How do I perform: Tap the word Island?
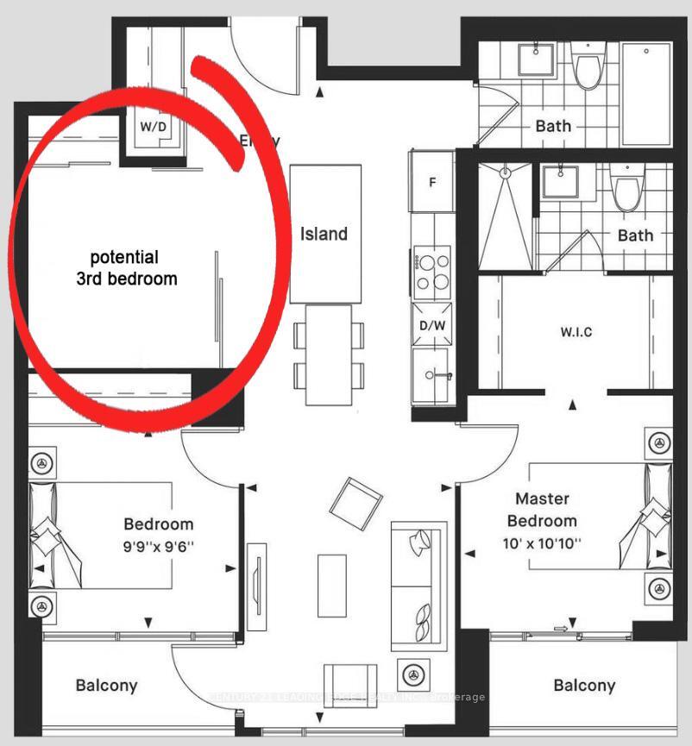[x=324, y=234]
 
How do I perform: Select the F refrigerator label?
[x=434, y=182]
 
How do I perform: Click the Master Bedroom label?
[x=542, y=509]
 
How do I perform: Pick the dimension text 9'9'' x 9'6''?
[x=158, y=545]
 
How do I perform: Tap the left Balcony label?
[x=106, y=686]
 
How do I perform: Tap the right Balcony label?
[x=584, y=686]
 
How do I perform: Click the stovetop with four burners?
[x=432, y=270]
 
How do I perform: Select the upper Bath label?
[x=553, y=126]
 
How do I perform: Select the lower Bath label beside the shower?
[x=635, y=235]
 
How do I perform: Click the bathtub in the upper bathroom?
[x=646, y=92]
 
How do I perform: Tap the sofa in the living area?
[x=418, y=586]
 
